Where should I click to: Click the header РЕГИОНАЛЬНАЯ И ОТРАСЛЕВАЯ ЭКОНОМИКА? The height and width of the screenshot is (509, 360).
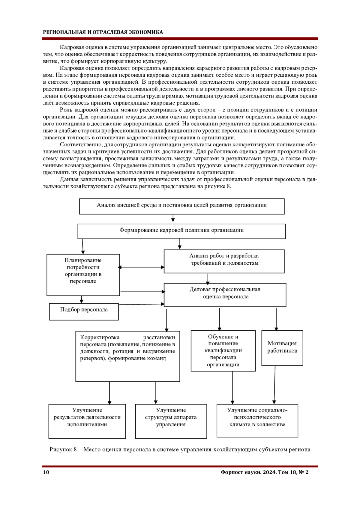click(103, 32)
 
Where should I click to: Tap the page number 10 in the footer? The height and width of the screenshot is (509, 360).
click(46, 472)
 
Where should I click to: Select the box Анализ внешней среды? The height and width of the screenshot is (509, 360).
click(181, 206)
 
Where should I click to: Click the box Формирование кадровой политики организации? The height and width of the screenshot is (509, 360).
click(181, 231)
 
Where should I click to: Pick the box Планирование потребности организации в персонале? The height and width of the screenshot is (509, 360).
click(83, 275)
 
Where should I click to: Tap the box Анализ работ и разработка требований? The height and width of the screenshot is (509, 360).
click(224, 261)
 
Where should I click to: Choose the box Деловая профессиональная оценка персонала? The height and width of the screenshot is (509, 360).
click(225, 295)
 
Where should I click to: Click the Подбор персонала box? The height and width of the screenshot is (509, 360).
click(84, 311)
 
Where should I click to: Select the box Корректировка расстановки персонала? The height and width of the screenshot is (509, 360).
click(127, 356)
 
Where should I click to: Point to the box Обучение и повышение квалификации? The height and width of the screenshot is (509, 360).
click(223, 351)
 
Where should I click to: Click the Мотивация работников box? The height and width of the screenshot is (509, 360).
click(282, 348)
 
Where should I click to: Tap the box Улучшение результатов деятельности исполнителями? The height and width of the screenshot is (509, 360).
click(87, 421)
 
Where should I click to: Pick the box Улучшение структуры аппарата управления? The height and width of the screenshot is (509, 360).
click(171, 421)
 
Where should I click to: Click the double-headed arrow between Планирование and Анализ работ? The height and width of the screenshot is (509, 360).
click(142, 267)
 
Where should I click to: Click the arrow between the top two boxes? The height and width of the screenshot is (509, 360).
click(173, 218)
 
